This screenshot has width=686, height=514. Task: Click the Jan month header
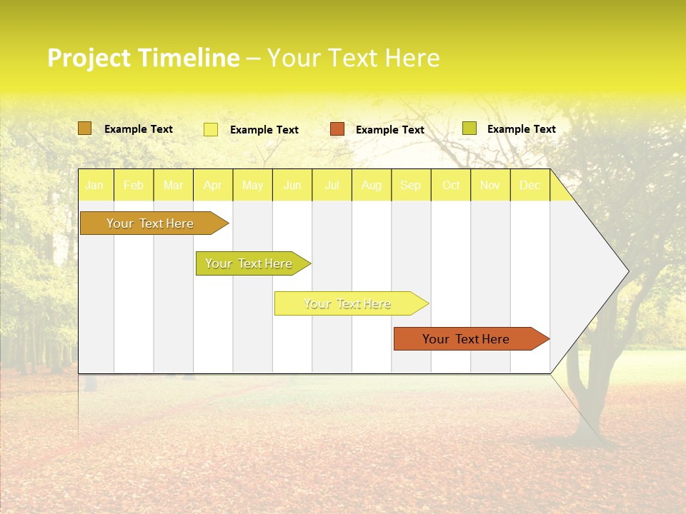(95, 186)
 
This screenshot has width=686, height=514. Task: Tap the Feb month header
(134, 186)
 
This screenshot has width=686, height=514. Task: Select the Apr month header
(213, 186)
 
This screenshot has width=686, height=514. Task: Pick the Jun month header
(292, 186)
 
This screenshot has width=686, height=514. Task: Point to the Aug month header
(372, 186)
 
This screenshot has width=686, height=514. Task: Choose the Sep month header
(411, 186)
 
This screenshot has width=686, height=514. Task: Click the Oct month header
(451, 186)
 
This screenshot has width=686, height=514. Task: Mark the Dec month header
(530, 186)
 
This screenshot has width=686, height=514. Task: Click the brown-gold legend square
(85, 128)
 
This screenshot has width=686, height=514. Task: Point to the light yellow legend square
(211, 129)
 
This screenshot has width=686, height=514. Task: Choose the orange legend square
(337, 129)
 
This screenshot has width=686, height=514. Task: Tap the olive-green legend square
(469, 128)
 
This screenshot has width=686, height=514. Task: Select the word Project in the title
(89, 58)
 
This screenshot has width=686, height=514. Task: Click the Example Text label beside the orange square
(390, 130)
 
